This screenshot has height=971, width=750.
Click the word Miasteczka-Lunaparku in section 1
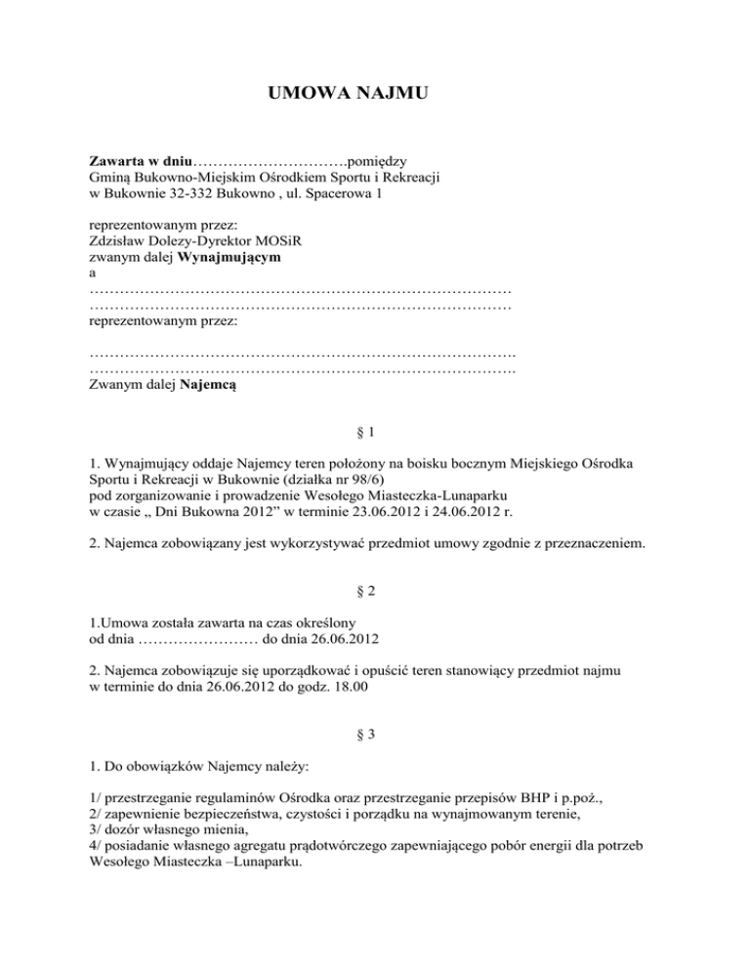tap(425, 493)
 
